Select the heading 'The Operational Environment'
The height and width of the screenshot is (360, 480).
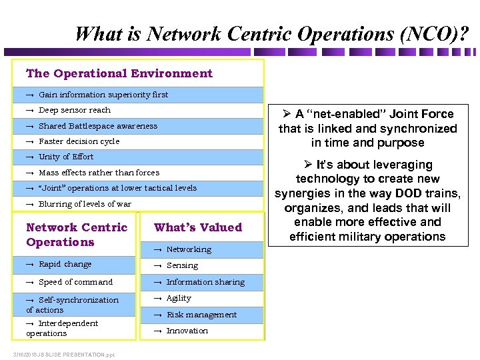click(119, 73)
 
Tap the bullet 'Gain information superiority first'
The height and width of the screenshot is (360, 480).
click(103, 95)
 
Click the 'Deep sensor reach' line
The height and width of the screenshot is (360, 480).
click(75, 110)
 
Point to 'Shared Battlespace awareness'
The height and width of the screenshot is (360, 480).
click(98, 126)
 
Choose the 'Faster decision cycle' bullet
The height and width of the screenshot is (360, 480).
click(79, 141)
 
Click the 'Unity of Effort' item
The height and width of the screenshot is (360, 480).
click(66, 157)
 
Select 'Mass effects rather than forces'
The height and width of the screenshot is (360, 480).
click(99, 172)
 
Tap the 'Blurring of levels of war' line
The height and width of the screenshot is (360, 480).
click(85, 204)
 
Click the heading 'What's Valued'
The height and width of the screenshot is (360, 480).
click(198, 227)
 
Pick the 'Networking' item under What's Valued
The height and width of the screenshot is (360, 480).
click(189, 249)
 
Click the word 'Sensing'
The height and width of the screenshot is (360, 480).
click(182, 265)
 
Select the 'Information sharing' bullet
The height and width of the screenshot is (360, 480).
click(205, 282)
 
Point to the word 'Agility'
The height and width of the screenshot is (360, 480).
click(179, 298)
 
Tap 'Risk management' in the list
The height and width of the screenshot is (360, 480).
click(201, 315)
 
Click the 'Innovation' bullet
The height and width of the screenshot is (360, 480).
click(187, 331)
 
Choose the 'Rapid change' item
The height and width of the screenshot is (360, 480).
click(65, 265)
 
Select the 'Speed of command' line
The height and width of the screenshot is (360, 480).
click(75, 282)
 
